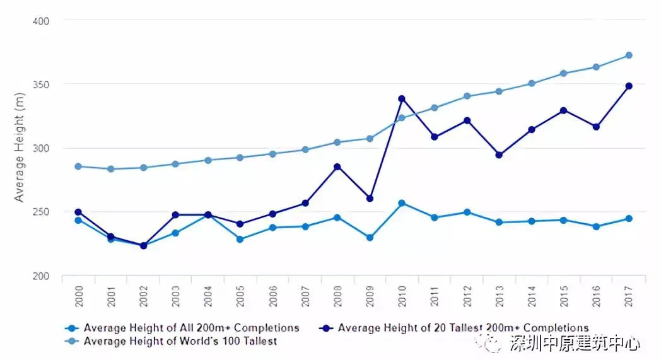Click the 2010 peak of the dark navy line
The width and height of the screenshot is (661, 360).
pos(402,98)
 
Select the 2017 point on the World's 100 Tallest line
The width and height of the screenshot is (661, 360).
pos(628,55)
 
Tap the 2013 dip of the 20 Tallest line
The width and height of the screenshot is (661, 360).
pos(499,154)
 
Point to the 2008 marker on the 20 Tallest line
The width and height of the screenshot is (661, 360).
pos(337,166)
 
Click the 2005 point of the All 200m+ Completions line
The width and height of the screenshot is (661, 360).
pos(240,239)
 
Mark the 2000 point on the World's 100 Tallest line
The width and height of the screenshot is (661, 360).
pos(78,166)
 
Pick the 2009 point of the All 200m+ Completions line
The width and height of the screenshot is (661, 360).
pos(370,238)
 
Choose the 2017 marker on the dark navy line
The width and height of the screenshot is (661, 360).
pos(628,86)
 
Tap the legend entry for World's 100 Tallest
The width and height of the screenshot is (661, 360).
pos(180,341)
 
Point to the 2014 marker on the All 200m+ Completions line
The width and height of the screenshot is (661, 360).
pos(531,221)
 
